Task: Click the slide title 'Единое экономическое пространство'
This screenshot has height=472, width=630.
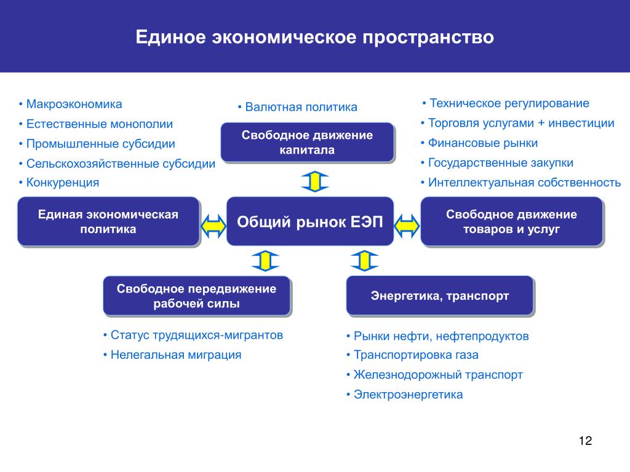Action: coord(314,37)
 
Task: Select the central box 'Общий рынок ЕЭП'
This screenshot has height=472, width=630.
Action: coord(310,221)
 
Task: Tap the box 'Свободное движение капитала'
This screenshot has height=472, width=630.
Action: coord(308,143)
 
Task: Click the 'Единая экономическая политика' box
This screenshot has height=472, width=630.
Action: coord(108,221)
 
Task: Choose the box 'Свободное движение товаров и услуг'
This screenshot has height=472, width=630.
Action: coord(511,221)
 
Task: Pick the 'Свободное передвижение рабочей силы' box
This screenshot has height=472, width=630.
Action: coord(196,296)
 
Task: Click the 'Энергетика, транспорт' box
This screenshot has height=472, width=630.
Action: coord(439,296)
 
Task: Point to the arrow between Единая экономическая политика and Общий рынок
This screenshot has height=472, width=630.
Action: coord(213,226)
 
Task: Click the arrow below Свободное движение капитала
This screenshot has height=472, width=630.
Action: coord(315,181)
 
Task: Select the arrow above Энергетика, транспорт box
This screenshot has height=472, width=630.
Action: coord(364,261)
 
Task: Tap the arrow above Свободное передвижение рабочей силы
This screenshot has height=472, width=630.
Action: coord(265,261)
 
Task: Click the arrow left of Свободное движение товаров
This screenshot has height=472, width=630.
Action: coord(407,226)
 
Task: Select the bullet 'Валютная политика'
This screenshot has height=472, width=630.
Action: coord(297,107)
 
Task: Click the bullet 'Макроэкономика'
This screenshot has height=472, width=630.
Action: coord(70,104)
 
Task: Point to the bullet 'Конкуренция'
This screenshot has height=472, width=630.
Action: coord(58,183)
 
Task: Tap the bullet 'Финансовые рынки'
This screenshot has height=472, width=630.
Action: coord(479,143)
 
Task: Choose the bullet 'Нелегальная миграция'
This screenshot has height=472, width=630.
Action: coord(172,355)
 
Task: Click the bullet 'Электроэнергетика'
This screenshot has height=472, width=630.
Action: coord(404,395)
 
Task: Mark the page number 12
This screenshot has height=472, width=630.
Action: coord(586,441)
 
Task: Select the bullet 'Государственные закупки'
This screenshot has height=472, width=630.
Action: coord(496,162)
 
